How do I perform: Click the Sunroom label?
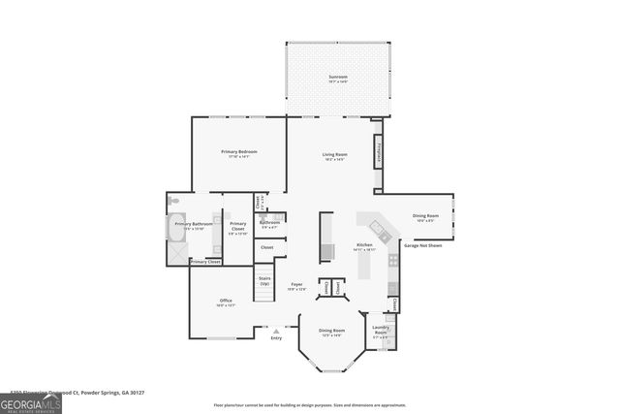(x=337, y=78)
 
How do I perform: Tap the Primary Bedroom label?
(x=238, y=153)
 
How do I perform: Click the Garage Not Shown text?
(x=422, y=245)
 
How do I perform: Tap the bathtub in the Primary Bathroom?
(x=173, y=230)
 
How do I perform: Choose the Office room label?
(x=225, y=302)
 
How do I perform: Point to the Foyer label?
(x=297, y=285)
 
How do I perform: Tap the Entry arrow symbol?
(x=276, y=331)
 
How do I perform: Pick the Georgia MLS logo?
(x=31, y=401)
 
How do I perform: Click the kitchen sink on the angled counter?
(x=384, y=237)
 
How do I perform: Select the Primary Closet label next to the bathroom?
(x=238, y=229)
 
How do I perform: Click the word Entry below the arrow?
(x=276, y=338)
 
